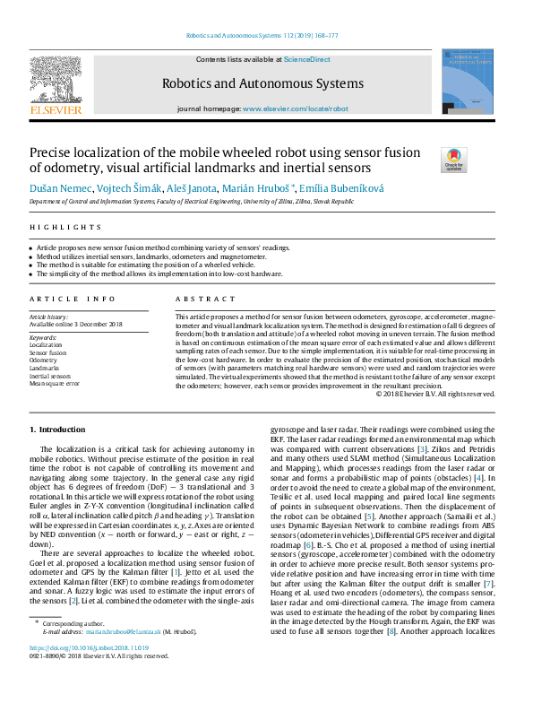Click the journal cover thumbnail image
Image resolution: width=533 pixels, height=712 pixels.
point(466,82)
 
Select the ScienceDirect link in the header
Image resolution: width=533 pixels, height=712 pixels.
point(306,60)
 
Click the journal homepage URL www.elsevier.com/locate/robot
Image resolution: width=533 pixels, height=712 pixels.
point(295,109)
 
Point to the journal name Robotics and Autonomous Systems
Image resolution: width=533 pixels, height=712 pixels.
point(262,84)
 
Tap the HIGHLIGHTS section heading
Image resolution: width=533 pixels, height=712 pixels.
point(54,227)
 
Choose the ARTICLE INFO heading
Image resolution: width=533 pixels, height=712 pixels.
point(72,299)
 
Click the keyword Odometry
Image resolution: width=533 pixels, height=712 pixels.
point(43,360)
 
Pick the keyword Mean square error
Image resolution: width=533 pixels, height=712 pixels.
point(55,383)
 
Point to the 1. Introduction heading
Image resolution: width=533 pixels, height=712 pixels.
point(58,431)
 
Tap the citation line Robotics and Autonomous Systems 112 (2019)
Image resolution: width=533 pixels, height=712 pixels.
point(261,36)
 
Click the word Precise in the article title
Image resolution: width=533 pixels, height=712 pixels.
point(56,152)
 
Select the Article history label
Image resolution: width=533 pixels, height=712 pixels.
point(49,317)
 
